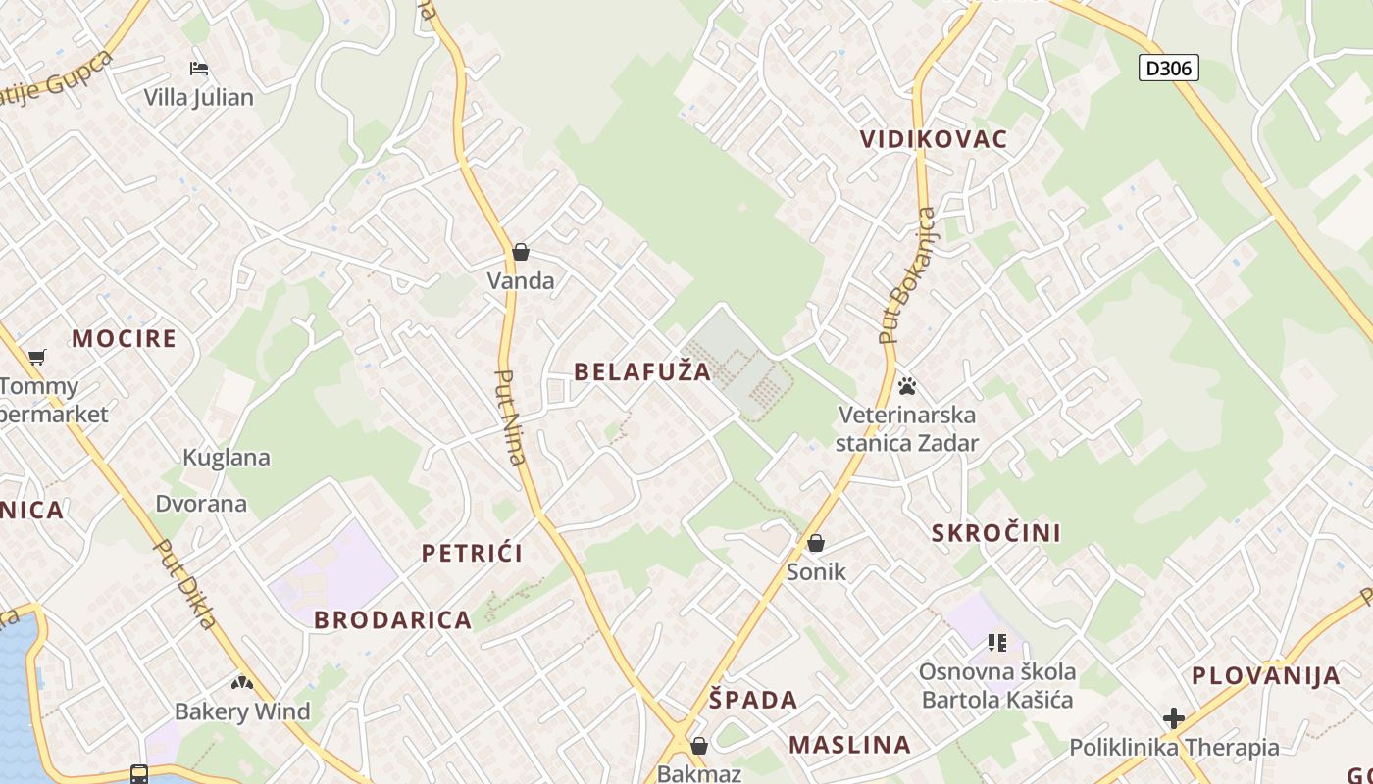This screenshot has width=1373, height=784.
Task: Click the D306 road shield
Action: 1168,68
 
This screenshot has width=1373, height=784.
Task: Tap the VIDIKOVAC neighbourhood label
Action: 934,139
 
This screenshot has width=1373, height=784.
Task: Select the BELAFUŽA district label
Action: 642,371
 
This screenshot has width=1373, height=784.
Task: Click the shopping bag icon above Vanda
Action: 521,252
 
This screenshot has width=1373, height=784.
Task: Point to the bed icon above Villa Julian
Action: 199,69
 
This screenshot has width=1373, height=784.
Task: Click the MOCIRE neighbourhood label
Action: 125,339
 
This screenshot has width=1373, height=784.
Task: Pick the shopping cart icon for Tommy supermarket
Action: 37,357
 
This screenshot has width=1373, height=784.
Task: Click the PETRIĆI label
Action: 472,553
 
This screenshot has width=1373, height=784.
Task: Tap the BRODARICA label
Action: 393,620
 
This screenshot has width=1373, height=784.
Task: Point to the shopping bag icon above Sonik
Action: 816,542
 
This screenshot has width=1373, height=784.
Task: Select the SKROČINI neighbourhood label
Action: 996,533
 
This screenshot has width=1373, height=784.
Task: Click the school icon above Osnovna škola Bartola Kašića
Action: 997,643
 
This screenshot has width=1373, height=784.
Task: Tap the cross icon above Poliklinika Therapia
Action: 1173,719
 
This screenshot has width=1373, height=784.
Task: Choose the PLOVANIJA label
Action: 1266,675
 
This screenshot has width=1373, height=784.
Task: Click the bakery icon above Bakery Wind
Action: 242,682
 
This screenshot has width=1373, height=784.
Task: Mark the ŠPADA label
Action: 753,700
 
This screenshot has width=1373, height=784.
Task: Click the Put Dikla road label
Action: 186,585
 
